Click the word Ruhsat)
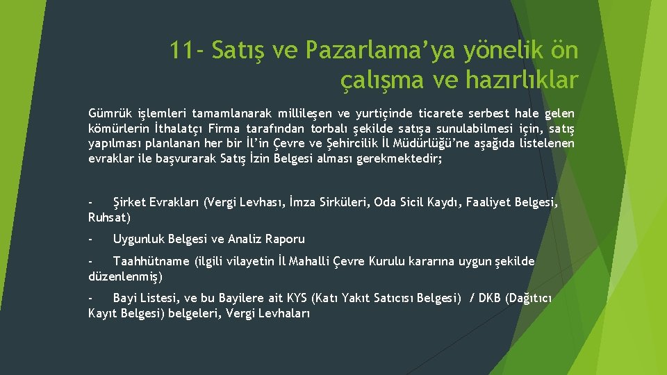[x=109, y=217]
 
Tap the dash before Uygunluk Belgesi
[x=90, y=239]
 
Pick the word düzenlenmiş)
[x=126, y=276]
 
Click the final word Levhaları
[x=281, y=314]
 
